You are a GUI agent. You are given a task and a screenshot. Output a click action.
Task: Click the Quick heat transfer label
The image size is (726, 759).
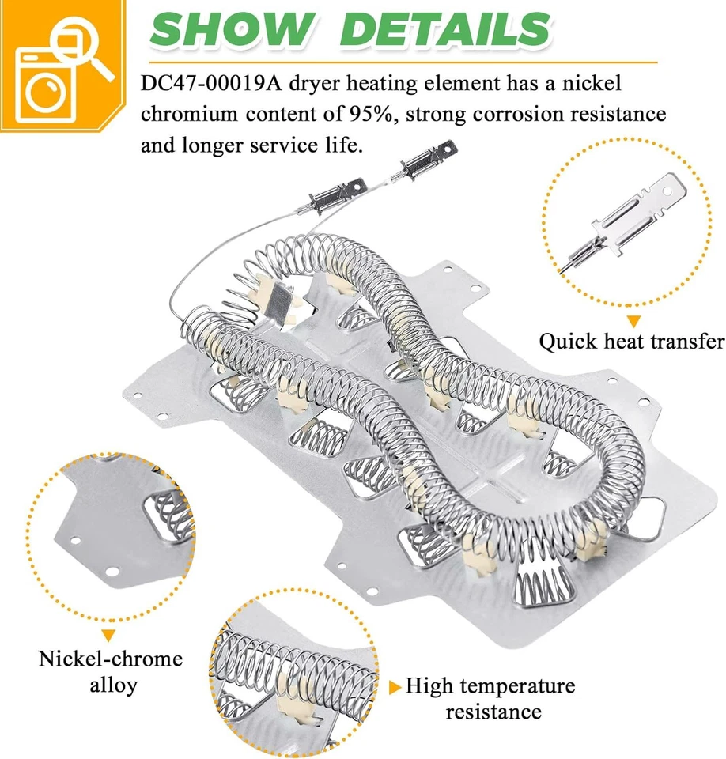pyautogui.click(x=631, y=342)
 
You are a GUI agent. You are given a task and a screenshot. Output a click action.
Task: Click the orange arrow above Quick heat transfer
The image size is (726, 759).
pyautogui.click(x=633, y=320)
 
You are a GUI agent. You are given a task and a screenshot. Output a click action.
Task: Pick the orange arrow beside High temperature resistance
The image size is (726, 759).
pyautogui.click(x=395, y=687)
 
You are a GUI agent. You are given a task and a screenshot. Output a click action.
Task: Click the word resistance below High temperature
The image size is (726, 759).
pyautogui.click(x=493, y=711)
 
